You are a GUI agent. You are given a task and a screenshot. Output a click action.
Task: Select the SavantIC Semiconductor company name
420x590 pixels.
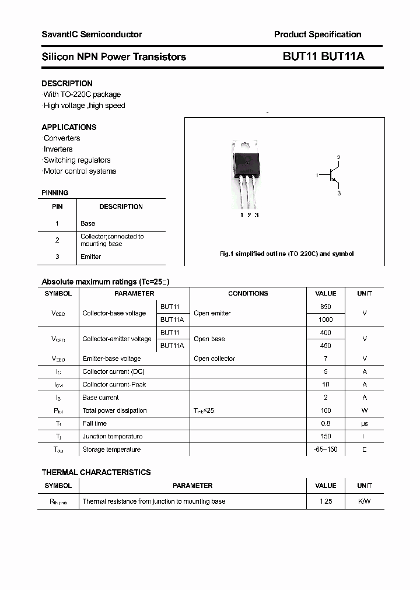[92, 34]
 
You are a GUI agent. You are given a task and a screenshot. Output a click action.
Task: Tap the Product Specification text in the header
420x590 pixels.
[317, 34]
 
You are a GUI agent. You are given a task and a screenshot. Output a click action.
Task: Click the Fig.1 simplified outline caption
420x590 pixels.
[286, 254]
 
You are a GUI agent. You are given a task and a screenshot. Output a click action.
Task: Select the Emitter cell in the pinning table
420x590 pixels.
[91, 257]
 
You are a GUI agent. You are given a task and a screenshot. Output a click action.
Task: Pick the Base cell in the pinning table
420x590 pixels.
[88, 223]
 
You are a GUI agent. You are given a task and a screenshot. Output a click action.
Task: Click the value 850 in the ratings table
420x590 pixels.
[325, 307]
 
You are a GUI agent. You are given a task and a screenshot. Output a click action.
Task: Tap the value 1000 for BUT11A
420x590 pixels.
[325, 319]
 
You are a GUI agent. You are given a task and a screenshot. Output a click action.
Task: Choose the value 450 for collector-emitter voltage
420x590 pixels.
[325, 345]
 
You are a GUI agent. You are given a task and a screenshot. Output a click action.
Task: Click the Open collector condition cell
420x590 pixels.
[214, 359]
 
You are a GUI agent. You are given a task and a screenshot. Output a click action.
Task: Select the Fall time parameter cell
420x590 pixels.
[94, 423]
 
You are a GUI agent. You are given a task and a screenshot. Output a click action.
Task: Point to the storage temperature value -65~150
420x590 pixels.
[325, 449]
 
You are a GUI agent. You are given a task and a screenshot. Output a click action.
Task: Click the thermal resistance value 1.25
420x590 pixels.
[325, 501]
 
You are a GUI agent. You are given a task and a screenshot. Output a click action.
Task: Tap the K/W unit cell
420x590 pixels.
[365, 501]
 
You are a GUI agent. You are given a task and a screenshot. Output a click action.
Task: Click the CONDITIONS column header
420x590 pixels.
[248, 293]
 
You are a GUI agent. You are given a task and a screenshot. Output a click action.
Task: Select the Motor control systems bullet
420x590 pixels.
[79, 171]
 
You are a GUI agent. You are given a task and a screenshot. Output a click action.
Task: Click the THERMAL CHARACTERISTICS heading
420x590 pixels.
[96, 472]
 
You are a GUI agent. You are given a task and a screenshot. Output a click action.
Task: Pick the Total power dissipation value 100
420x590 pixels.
[325, 410]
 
